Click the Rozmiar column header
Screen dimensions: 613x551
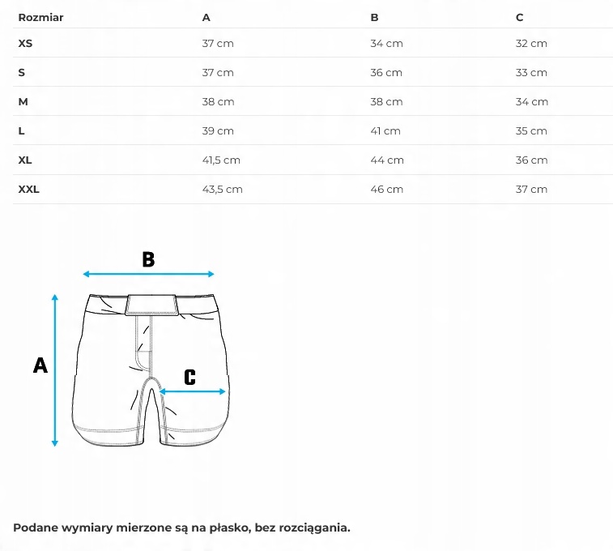[40, 17]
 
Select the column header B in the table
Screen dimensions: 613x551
[374, 17]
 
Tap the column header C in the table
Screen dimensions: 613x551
[519, 17]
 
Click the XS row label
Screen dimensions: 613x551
[25, 43]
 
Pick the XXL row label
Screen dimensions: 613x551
[28, 189]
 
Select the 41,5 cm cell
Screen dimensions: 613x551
[221, 160]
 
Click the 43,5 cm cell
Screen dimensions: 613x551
[222, 189]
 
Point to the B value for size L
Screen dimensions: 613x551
[385, 130]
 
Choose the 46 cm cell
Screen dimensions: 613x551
[386, 189]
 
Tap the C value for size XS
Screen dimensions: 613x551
[531, 43]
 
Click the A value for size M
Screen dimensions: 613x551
[218, 101]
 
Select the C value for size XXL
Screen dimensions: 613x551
[531, 189]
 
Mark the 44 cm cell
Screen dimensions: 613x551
[386, 160]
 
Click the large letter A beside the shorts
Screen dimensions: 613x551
[40, 365]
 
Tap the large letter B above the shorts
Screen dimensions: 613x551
[148, 259]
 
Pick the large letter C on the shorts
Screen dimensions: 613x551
[189, 377]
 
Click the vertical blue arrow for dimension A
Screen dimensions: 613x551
[55, 369]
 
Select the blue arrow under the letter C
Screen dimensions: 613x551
[193, 391]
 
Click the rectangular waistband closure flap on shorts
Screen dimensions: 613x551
[152, 305]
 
